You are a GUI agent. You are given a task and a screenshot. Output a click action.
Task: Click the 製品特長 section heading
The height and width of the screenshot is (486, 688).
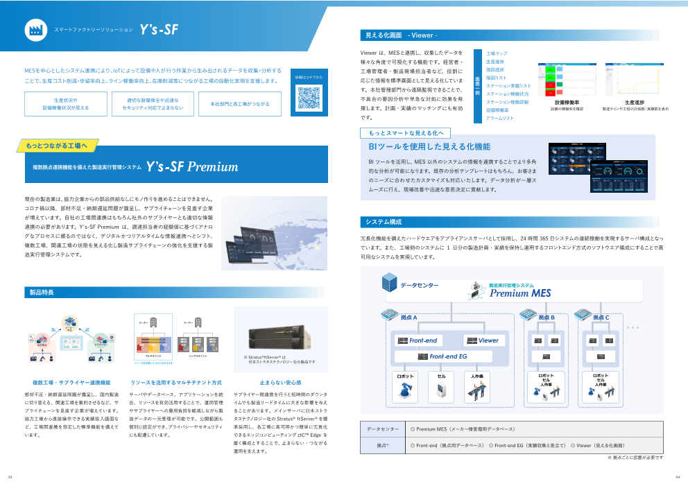41,293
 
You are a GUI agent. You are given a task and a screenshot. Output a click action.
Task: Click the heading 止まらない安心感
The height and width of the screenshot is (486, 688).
280,382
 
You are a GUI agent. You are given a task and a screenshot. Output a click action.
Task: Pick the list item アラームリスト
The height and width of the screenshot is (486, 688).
499,119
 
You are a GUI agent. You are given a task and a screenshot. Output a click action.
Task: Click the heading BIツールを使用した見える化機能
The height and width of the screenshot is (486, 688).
429,147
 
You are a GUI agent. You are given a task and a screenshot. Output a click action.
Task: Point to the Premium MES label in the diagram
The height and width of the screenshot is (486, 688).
520,293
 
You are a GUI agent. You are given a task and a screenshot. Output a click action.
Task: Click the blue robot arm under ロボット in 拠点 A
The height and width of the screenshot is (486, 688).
404,391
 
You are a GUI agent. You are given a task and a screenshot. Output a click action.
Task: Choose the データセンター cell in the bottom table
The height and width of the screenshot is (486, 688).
382,429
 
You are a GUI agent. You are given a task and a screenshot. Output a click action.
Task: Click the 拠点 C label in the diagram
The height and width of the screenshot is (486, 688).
601,318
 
